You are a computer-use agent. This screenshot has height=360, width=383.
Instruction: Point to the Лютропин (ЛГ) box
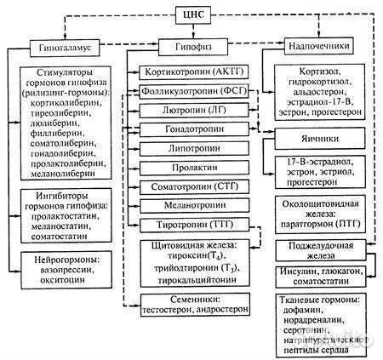coord(189,110)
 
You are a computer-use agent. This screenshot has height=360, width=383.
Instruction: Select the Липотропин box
coord(189,148)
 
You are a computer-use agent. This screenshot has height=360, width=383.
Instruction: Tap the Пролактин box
coord(189,168)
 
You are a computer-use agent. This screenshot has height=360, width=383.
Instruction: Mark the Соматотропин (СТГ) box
coord(189,186)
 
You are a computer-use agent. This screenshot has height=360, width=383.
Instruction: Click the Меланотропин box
coord(189,205)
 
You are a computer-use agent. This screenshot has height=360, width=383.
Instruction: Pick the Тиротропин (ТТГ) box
coord(189,225)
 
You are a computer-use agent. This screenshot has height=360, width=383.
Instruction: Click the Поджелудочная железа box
coord(318,252)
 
